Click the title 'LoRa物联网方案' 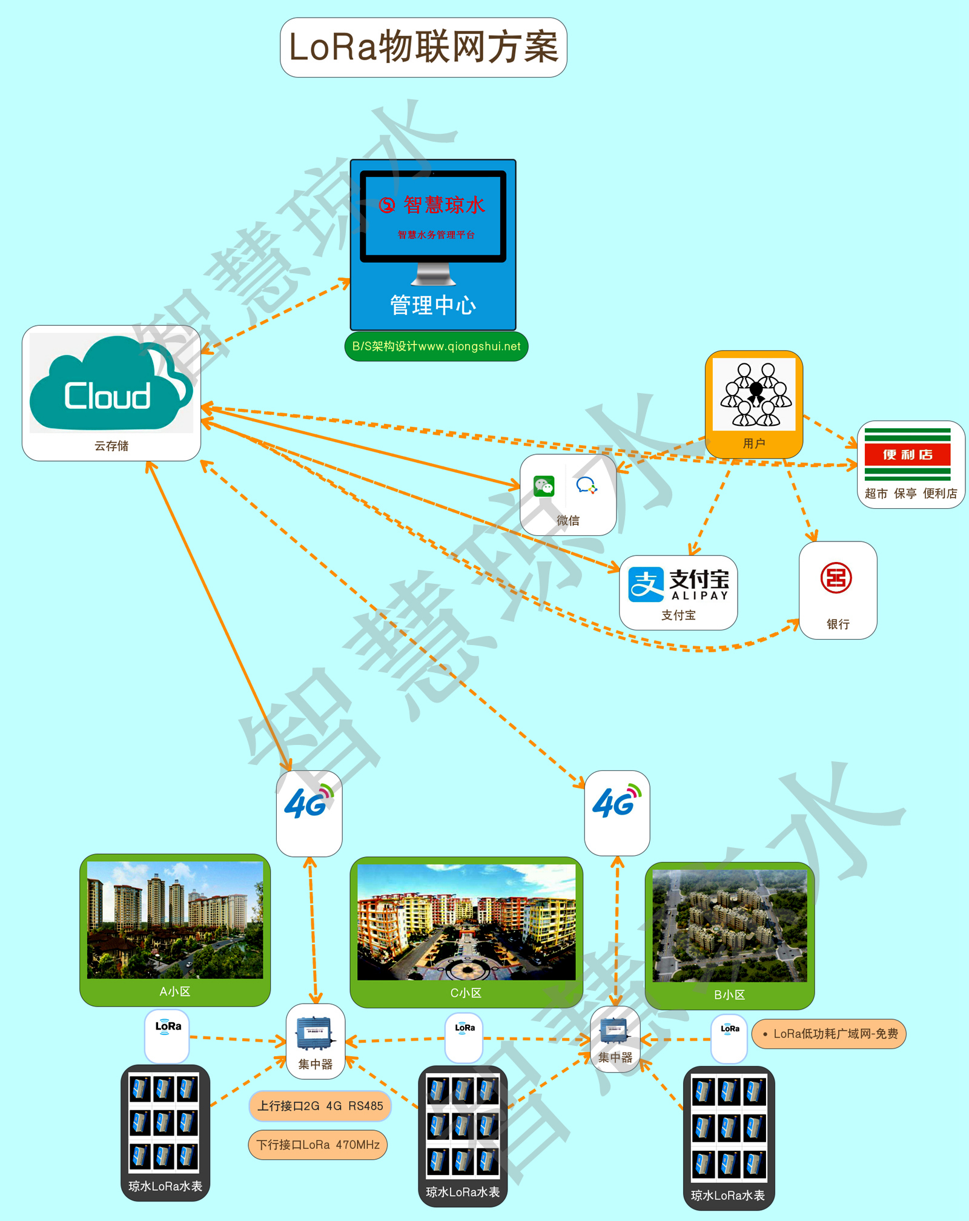coord(423,47)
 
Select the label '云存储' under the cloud coord(111,446)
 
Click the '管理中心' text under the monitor coord(432,305)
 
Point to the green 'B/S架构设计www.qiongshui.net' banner coord(436,346)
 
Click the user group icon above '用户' coord(755,394)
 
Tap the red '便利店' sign coord(907,454)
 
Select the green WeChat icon coord(544,486)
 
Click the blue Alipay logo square coord(646,584)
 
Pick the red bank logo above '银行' coord(836,578)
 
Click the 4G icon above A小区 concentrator coord(309,804)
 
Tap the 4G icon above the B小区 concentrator coord(617,803)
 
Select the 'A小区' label coord(175,991)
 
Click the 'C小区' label coord(466,993)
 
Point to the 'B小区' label coord(729,994)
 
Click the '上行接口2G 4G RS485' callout coord(320,1106)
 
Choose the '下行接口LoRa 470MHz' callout coord(318,1145)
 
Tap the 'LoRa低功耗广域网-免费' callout coord(829,1034)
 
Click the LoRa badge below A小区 coord(168,1028)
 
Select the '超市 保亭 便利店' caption coord(911,494)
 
